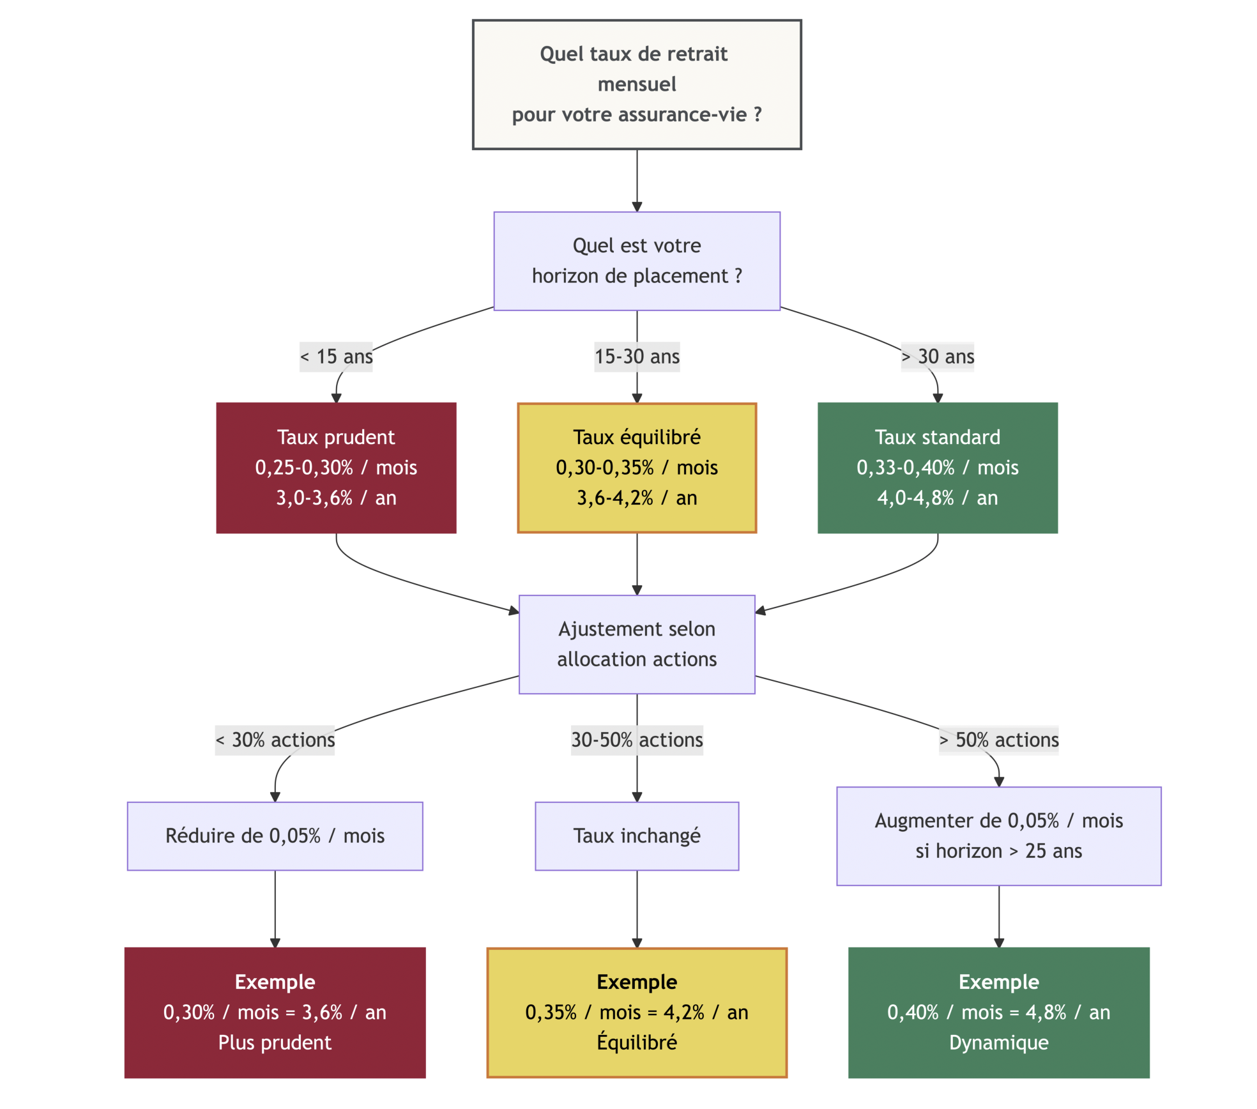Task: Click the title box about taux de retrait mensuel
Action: point(636,84)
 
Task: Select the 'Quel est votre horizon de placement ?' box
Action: point(636,261)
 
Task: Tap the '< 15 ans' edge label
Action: point(336,356)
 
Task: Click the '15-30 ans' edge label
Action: point(636,356)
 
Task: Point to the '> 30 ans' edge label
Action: point(937,356)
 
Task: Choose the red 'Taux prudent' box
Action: point(336,468)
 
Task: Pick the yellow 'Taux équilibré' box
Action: point(636,468)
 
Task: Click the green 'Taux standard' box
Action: point(937,468)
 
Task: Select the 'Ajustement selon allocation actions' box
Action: point(636,644)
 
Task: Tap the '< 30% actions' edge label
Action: point(275,740)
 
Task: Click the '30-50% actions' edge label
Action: point(636,740)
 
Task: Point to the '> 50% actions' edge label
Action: point(998,740)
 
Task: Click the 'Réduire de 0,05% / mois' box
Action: point(275,836)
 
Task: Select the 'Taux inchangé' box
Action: point(636,836)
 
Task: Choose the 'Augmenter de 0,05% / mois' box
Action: point(998,836)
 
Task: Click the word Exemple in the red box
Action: point(275,982)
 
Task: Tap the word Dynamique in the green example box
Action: point(998,1043)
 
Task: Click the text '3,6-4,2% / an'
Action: point(636,498)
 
